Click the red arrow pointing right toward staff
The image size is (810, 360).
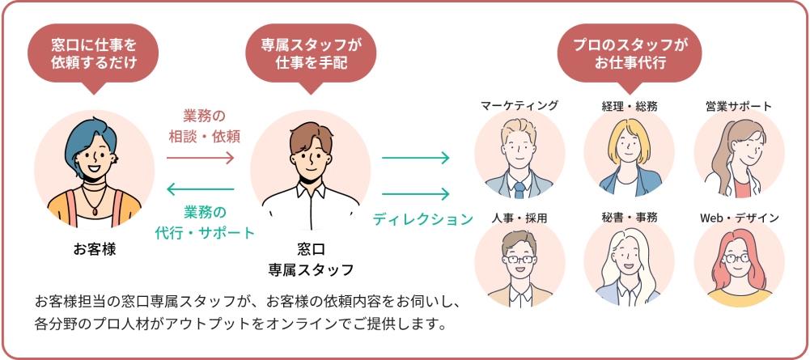coord(200,157)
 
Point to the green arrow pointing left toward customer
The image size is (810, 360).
coord(200,189)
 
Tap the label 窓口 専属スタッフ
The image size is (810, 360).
coord(311,259)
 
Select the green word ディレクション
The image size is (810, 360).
coord(422,219)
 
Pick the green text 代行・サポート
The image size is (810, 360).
coord(205,232)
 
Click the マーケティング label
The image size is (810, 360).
coord(520,105)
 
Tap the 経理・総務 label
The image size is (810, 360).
coord(630,105)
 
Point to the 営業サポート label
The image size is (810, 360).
coord(738,105)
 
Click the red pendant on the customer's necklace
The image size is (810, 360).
coord(96,208)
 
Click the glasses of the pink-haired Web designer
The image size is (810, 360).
coord(738,259)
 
